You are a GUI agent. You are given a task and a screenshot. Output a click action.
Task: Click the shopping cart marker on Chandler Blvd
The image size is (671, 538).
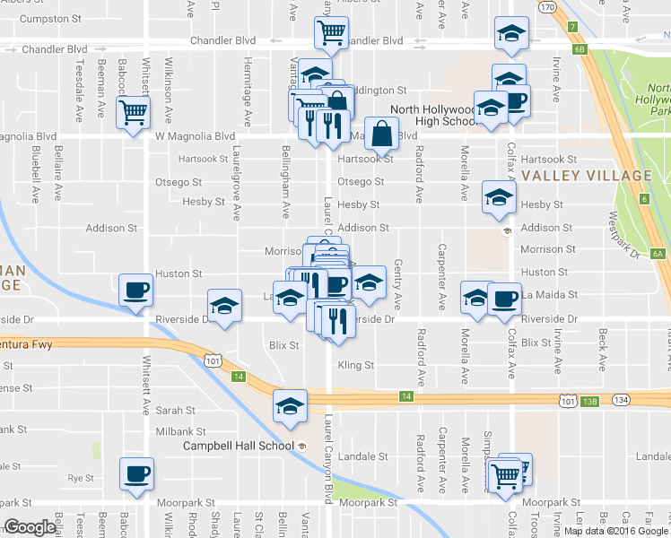(331, 33)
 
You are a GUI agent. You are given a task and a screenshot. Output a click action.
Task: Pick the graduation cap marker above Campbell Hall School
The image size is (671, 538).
(291, 407)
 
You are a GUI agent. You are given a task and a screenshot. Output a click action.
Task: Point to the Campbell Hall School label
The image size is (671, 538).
(239, 446)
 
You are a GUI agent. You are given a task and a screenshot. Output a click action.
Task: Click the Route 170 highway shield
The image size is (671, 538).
(547, 7)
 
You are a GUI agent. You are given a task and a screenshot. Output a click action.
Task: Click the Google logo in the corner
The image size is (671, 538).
(29, 528)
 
